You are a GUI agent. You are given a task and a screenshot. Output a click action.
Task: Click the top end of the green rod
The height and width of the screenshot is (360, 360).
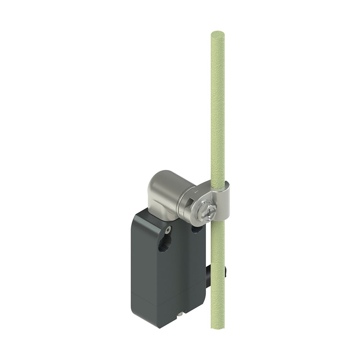(x=217, y=35)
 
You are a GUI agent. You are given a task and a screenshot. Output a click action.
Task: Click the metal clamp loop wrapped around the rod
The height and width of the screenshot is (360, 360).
(x=224, y=202)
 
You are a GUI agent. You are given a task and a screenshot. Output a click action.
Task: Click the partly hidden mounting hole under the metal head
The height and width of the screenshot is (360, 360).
(x=196, y=229)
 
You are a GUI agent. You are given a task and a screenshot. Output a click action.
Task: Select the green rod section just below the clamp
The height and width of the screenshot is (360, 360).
(x=217, y=238)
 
